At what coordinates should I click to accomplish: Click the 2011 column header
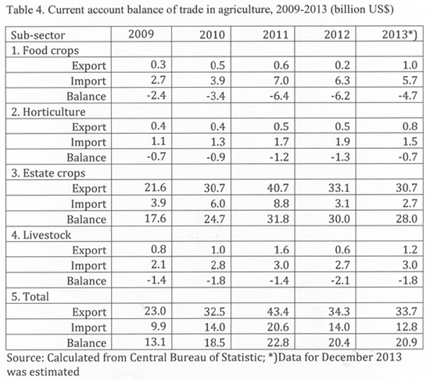pyautogui.click(x=276, y=35)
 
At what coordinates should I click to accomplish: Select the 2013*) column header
pyautogui.click(x=400, y=35)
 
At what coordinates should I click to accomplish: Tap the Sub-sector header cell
pyautogui.click(x=38, y=35)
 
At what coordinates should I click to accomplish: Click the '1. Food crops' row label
pyautogui.click(x=45, y=51)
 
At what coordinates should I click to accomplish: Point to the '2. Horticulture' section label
pyautogui.click(x=48, y=112)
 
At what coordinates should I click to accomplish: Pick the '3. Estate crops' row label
pyautogui.click(x=48, y=174)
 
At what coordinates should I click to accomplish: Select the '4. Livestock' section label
pyautogui.click(x=41, y=235)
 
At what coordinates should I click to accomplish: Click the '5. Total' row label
pyautogui.click(x=30, y=297)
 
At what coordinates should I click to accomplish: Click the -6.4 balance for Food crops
pyautogui.click(x=279, y=96)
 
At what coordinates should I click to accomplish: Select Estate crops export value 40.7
pyautogui.click(x=278, y=188)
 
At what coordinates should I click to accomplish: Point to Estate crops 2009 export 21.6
pyautogui.click(x=156, y=187)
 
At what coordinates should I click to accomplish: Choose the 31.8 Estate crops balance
pyautogui.click(x=278, y=219)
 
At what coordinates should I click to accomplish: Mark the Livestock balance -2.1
pyautogui.click(x=340, y=280)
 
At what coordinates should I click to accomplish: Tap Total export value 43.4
pyautogui.click(x=278, y=312)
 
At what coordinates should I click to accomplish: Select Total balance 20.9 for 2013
pyautogui.click(x=407, y=342)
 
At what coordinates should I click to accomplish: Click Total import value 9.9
pyautogui.click(x=159, y=327)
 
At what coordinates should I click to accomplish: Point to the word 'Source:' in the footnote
pyautogui.click(x=25, y=358)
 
